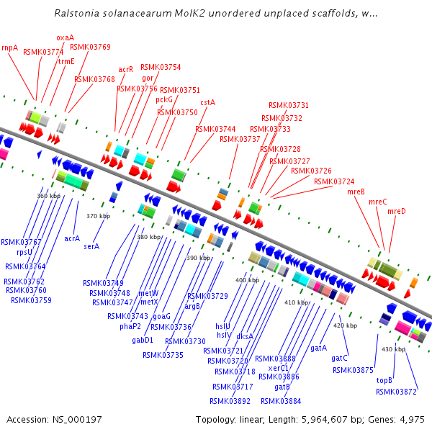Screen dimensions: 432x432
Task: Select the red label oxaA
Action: [x=65, y=37]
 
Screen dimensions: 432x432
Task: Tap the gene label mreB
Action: [x=356, y=192]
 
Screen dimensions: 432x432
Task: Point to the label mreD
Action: [x=397, y=211]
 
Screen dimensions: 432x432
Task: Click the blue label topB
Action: [x=385, y=379]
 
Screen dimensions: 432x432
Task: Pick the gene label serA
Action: [x=91, y=246]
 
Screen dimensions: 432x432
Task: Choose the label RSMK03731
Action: [x=289, y=105]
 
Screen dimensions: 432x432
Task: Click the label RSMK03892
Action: [x=230, y=401]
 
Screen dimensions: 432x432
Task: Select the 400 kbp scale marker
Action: [x=247, y=279]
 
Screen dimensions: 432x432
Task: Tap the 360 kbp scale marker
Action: [x=49, y=195]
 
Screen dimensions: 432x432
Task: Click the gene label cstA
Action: [x=207, y=102]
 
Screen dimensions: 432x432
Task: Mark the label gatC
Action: [x=339, y=358]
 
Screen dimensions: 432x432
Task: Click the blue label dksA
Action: [x=245, y=336]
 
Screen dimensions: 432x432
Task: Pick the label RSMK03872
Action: [x=396, y=392]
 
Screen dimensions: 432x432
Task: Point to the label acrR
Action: [x=126, y=69]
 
